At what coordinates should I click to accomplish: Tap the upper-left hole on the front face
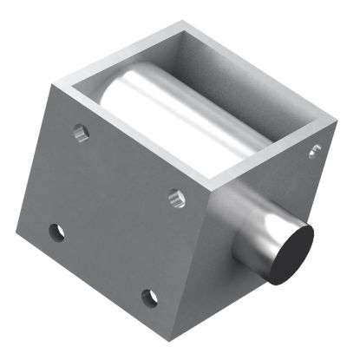[x=81, y=134]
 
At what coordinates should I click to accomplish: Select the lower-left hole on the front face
[x=57, y=232]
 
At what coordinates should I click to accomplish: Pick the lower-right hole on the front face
[x=150, y=298]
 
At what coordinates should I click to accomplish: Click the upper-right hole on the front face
[x=176, y=198]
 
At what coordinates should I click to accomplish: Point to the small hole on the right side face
[x=314, y=152]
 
